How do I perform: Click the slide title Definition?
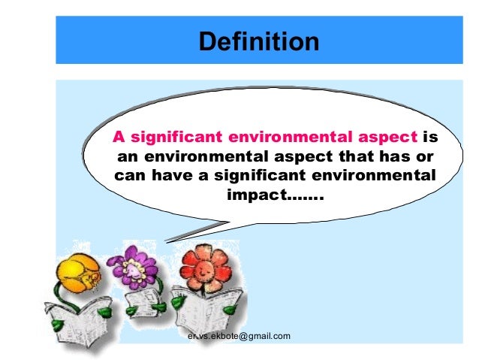(x=258, y=41)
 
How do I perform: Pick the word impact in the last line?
(x=252, y=197)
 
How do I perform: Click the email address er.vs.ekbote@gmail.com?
(x=239, y=335)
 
